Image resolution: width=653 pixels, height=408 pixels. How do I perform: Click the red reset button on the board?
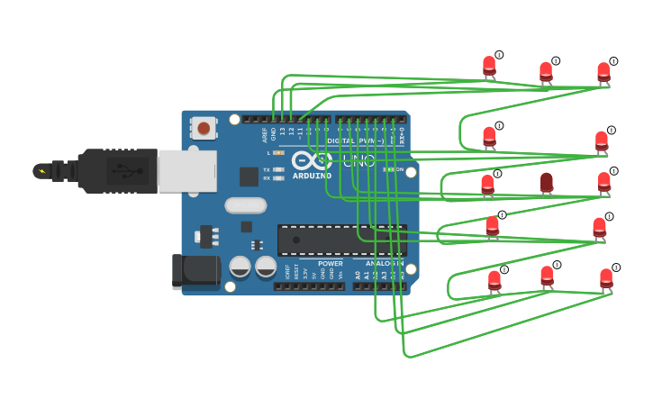coord(204,128)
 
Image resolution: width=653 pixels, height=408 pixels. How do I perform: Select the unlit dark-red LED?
coord(547,183)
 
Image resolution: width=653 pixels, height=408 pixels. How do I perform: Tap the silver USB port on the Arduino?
coord(187,170)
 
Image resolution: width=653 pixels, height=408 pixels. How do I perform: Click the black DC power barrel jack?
coord(196,270)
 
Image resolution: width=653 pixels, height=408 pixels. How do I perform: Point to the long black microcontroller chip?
coord(341,240)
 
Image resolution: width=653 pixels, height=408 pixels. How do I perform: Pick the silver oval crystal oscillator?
coord(245,205)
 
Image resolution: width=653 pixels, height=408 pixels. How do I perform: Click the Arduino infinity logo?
coord(311,161)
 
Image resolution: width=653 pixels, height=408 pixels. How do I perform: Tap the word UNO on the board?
coord(359,161)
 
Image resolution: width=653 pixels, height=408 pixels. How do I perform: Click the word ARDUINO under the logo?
coord(312,177)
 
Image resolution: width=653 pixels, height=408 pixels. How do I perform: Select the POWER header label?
coord(330,264)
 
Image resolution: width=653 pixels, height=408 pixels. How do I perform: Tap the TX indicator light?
coord(278,169)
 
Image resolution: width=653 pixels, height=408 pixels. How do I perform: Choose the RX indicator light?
coord(278,178)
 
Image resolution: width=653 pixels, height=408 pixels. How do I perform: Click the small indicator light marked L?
coord(278,153)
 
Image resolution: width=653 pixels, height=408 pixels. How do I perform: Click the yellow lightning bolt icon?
coord(41,170)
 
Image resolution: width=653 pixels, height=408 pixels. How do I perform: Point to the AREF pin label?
coord(265,134)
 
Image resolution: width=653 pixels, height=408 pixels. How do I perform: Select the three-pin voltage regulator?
coord(207,237)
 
